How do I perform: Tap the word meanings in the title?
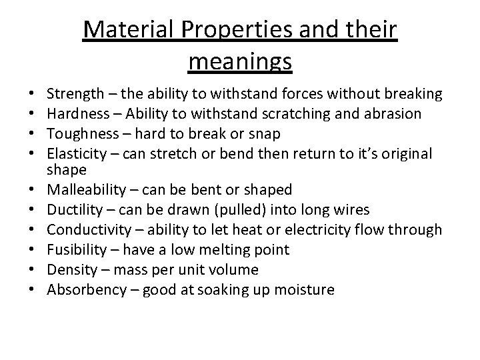240,61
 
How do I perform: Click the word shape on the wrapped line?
67,170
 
